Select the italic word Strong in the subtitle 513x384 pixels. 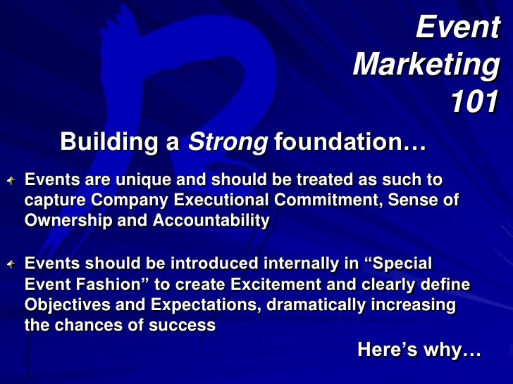[227, 142]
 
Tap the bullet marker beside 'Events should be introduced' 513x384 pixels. [13, 264]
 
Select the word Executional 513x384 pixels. [216, 200]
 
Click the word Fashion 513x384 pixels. [92, 286]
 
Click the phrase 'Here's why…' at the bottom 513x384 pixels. [419, 349]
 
